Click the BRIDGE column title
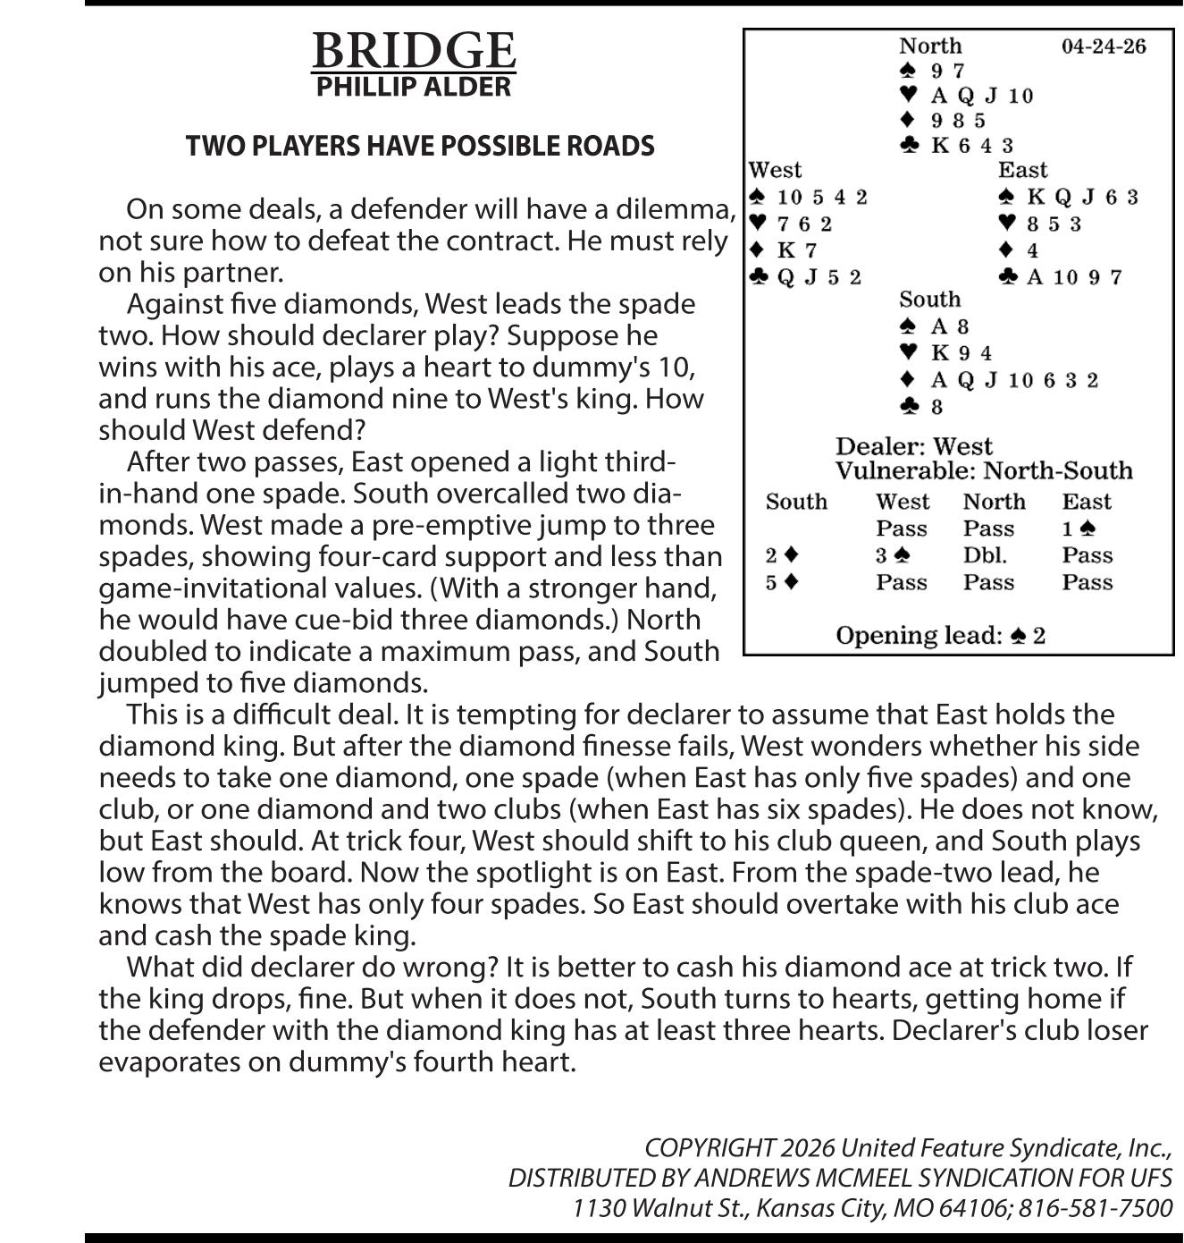[x=413, y=51]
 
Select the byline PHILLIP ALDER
[x=413, y=87]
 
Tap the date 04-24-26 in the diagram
[x=1103, y=47]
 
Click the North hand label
[x=929, y=46]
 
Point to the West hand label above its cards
[x=775, y=170]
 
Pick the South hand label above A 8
[x=929, y=300]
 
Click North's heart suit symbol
[x=908, y=95]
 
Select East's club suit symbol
[x=1007, y=277]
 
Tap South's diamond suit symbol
[x=908, y=380]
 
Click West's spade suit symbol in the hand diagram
[x=758, y=197]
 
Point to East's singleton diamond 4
[x=1032, y=250]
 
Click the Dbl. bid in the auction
[x=985, y=555]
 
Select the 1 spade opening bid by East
[x=1078, y=528]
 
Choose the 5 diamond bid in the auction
[x=782, y=582]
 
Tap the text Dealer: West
[x=913, y=446]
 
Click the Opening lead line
[x=940, y=636]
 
